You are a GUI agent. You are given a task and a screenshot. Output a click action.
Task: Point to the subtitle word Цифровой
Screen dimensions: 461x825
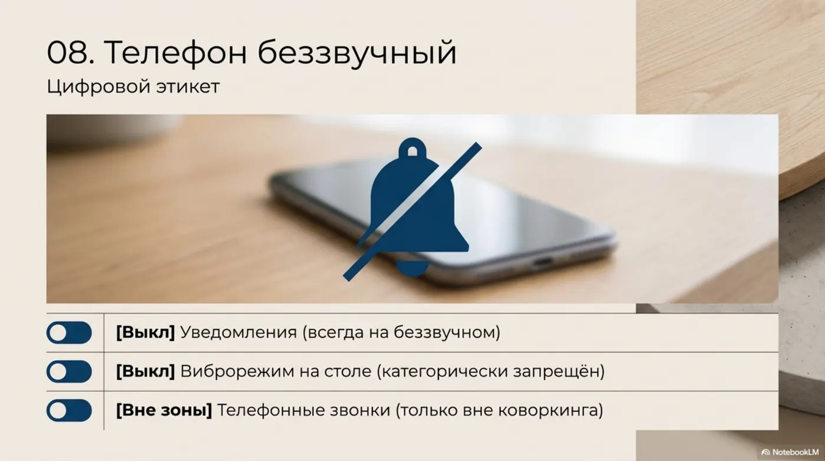97,87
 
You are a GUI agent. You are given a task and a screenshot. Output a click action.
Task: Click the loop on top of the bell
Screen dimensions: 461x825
412,148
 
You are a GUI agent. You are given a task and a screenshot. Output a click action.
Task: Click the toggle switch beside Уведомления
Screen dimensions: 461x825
69,332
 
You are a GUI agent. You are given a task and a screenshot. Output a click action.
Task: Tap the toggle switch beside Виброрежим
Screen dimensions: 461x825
69,371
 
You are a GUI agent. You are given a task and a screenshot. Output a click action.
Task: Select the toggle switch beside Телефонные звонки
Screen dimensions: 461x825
69,410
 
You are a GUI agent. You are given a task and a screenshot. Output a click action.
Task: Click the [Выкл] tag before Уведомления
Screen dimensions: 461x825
146,332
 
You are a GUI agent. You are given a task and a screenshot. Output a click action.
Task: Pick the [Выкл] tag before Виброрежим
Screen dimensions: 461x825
146,371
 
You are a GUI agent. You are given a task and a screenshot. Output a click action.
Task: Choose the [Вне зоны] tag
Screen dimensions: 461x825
164,410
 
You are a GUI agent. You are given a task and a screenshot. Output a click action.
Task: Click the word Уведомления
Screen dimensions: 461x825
238,332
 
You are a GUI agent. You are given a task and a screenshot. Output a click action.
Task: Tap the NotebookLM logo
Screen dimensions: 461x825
791,452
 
